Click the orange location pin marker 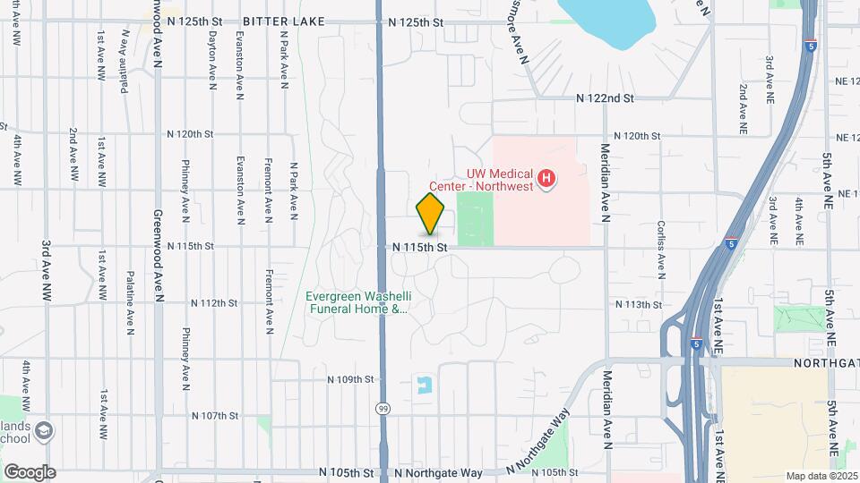tap(431, 215)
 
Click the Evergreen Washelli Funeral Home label tap(357, 303)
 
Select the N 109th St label tap(349, 379)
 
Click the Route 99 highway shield tap(383, 408)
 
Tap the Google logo tap(30, 471)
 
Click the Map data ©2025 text tap(821, 476)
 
